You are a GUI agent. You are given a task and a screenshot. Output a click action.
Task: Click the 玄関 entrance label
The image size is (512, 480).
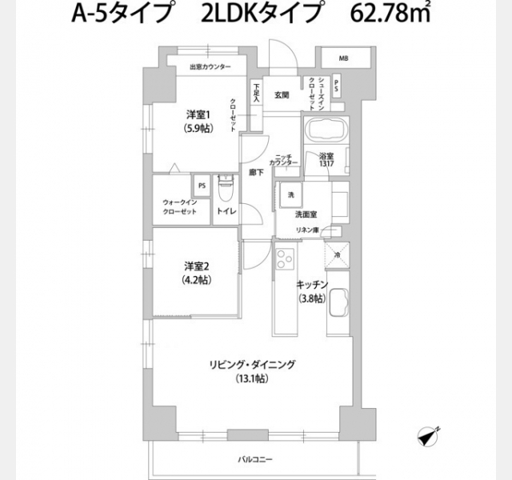tap(281, 95)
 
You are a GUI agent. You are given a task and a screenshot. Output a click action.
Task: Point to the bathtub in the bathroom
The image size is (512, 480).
tap(323, 129)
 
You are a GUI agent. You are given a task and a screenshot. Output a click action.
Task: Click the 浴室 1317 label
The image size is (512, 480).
tap(326, 160)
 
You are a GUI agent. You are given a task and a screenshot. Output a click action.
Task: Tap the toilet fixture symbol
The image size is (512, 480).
tap(225, 190)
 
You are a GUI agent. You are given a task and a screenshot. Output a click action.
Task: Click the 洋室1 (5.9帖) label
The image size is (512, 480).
tap(197, 120)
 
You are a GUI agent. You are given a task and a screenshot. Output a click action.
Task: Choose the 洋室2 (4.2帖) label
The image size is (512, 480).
tap(196, 273)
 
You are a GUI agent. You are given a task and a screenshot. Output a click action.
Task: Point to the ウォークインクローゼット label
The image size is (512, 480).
tap(180, 206)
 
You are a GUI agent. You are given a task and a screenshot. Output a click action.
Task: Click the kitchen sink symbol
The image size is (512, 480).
tap(338, 304)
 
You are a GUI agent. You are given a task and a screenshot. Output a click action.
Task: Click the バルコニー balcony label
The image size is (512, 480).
tap(255, 460)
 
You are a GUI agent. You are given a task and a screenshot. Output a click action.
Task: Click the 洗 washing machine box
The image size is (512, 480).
tap(291, 196)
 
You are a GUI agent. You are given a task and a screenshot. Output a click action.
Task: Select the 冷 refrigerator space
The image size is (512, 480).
tap(338, 255)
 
